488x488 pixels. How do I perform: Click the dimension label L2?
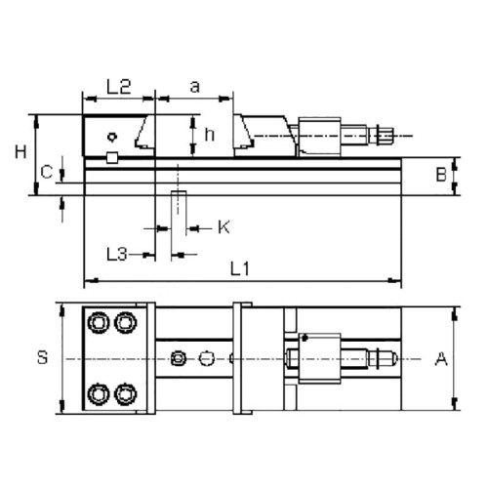coord(118,87)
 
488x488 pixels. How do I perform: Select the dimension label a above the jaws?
coord(194,87)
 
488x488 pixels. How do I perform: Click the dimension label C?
coord(46,172)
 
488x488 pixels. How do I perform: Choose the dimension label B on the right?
coord(441,176)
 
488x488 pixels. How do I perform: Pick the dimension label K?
coord(223,227)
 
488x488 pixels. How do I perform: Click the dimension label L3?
coord(117,254)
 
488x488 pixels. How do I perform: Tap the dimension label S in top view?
coord(42,358)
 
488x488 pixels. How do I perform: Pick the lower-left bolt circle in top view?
coord(99,393)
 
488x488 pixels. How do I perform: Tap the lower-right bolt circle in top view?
coord(125,393)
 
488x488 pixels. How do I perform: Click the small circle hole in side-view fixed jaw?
coord(114,137)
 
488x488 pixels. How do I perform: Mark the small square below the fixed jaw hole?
coord(113,157)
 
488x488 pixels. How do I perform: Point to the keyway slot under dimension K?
coord(178,208)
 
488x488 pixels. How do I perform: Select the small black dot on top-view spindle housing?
coord(305,337)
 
